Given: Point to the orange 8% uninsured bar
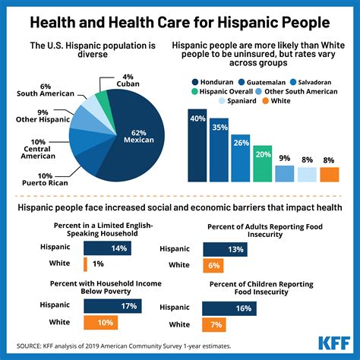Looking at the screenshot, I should point(329,174).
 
